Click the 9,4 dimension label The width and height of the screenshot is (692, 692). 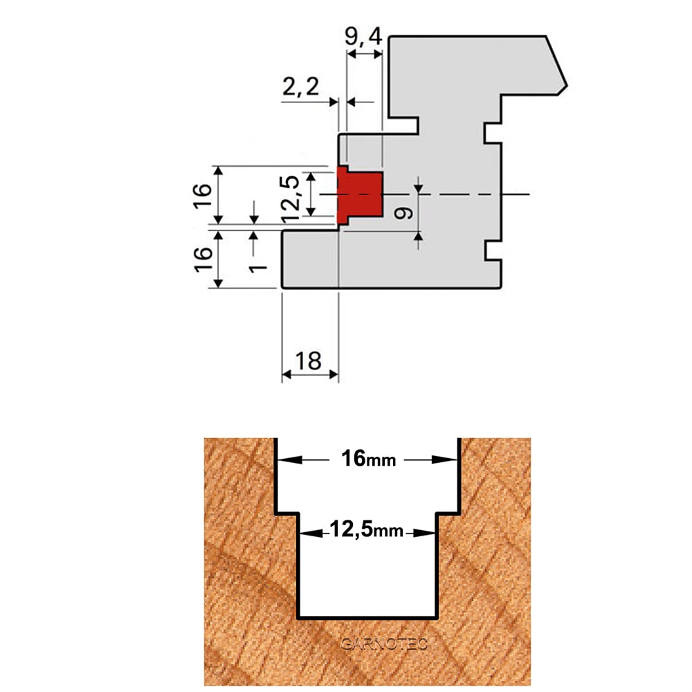(363, 37)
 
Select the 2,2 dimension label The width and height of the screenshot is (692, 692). (300, 86)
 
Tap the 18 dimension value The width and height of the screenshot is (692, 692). (309, 361)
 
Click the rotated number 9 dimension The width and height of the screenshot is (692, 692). (403, 214)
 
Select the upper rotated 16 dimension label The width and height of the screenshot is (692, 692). (203, 196)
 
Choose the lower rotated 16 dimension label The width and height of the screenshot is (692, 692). (203, 259)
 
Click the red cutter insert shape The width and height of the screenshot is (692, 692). (359, 194)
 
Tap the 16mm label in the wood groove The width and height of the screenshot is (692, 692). (369, 459)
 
